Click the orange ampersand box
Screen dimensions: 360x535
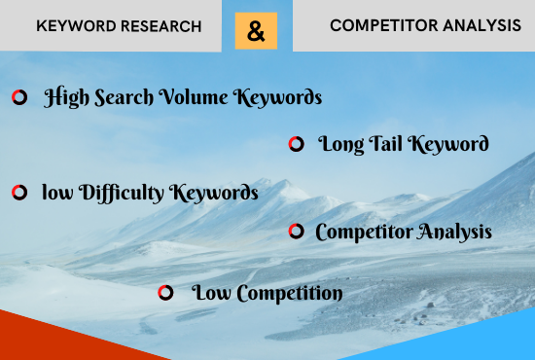256,31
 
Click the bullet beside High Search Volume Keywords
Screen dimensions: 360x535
18,97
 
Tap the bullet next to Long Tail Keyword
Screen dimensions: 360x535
296,145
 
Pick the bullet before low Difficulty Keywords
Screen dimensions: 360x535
18,193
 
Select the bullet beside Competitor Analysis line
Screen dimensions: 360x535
296,232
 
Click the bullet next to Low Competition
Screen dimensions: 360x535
165,292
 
